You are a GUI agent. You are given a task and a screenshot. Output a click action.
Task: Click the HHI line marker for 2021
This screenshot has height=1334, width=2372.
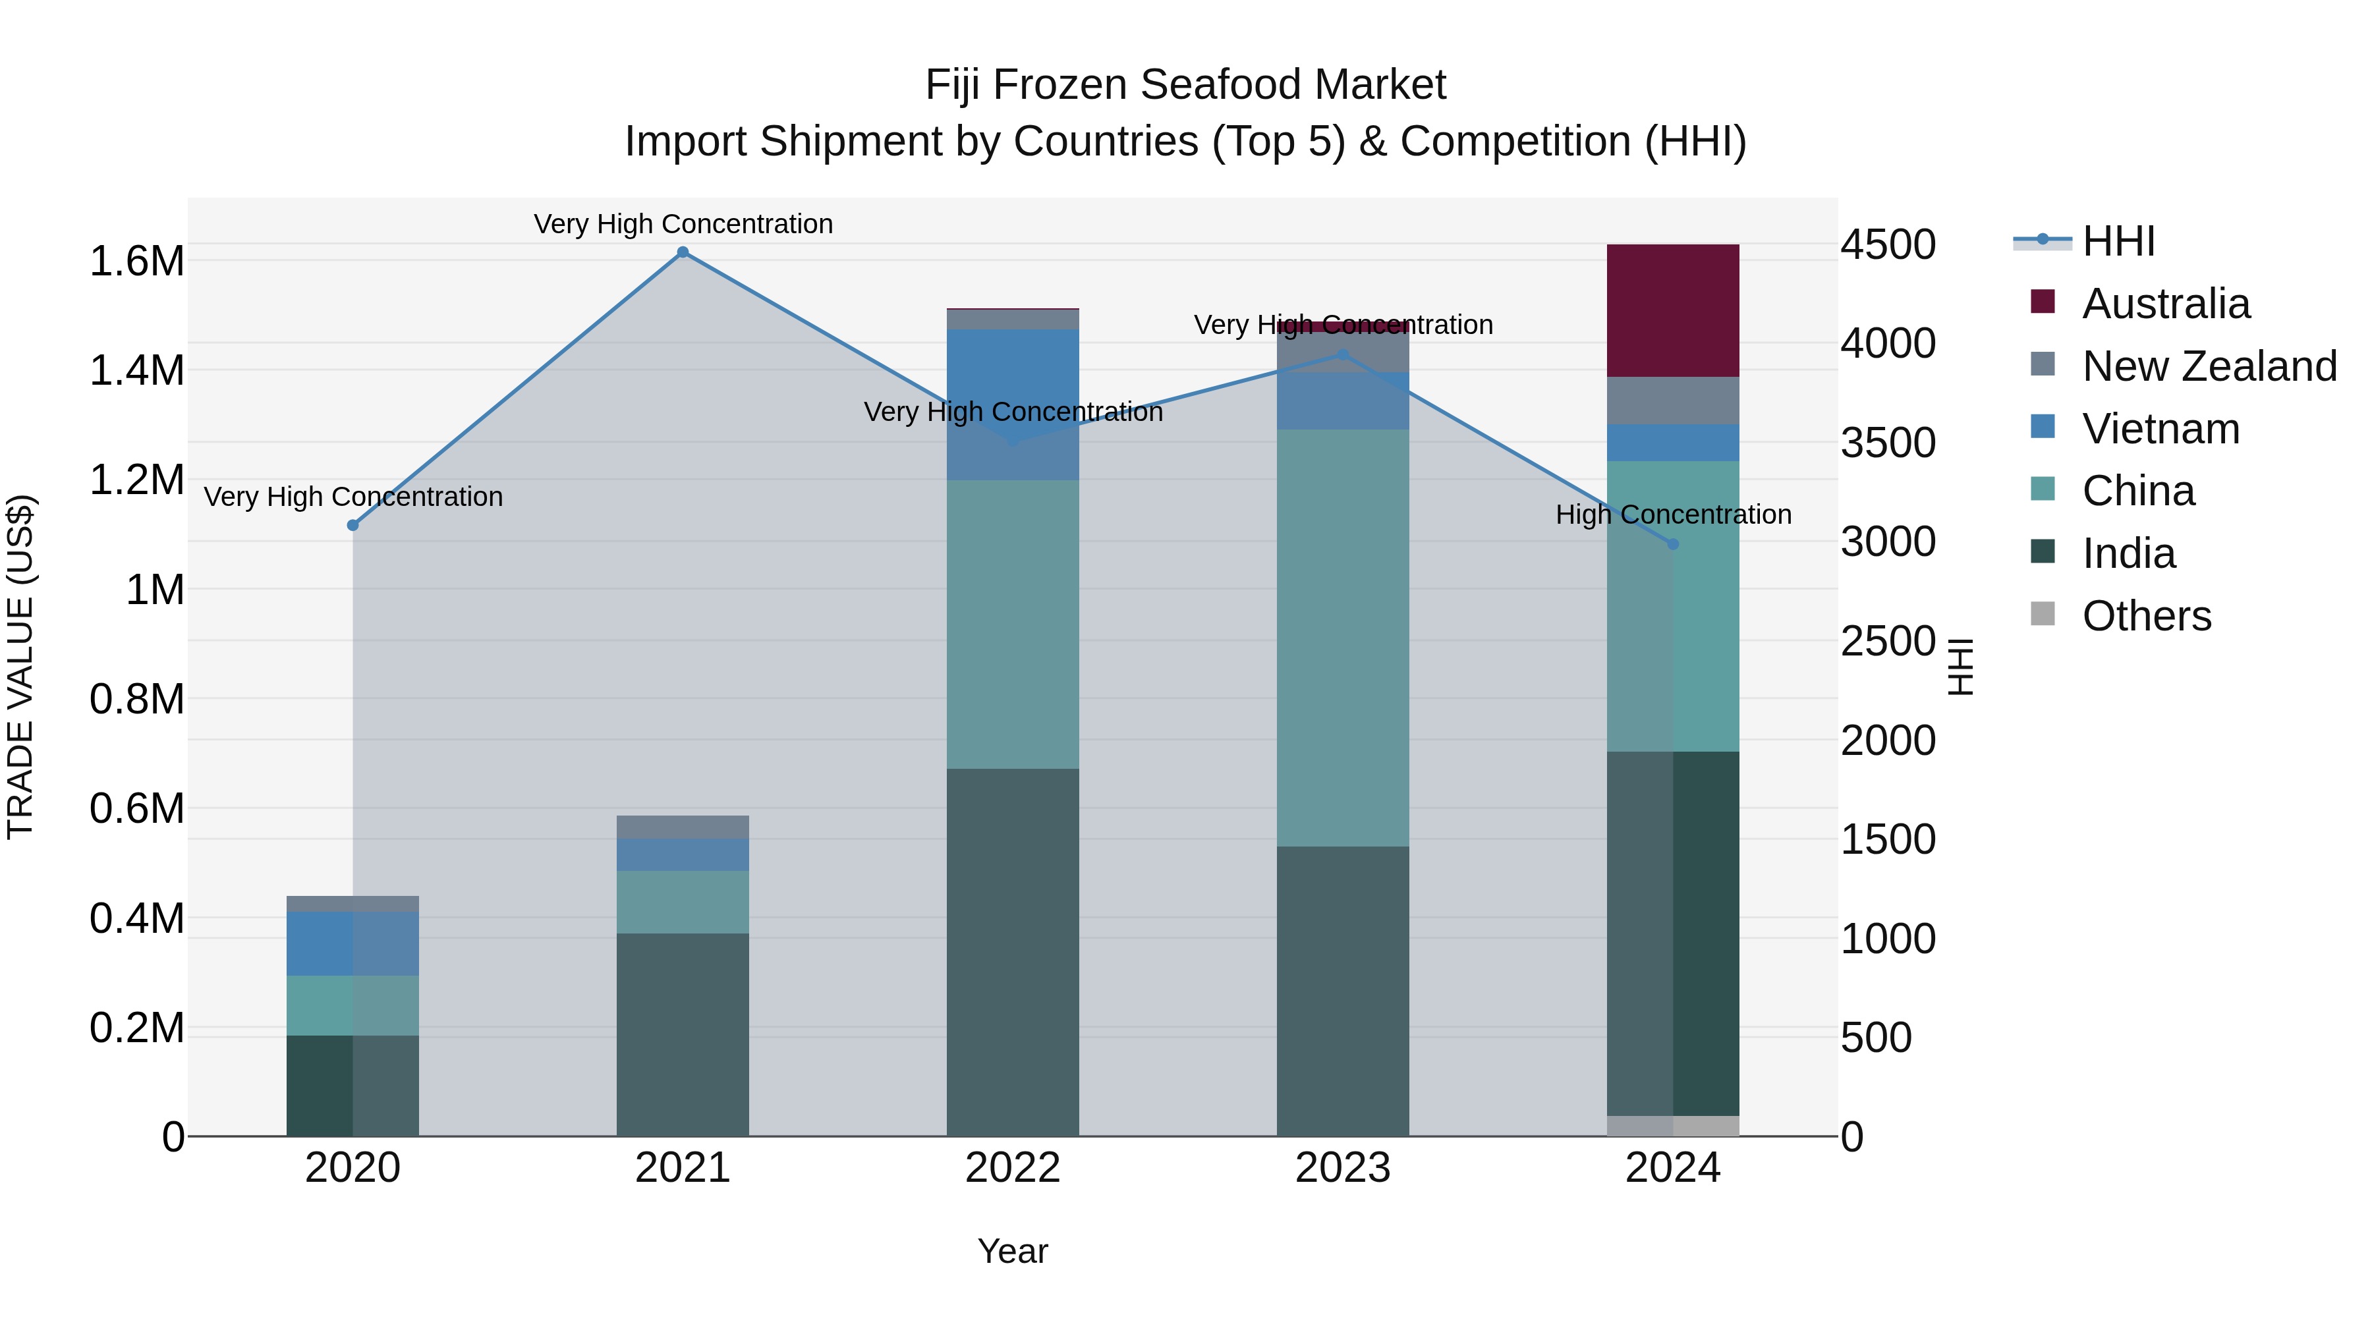click(x=683, y=252)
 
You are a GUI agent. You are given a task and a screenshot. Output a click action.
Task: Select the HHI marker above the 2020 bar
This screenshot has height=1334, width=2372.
click(x=353, y=525)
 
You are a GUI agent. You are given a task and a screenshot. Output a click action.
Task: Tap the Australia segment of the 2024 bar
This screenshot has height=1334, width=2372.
click(x=1672, y=310)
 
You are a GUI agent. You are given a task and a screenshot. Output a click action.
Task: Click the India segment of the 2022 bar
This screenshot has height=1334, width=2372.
click(x=1012, y=951)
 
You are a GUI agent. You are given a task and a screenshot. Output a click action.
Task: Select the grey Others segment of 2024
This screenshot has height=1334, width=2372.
click(x=1672, y=1125)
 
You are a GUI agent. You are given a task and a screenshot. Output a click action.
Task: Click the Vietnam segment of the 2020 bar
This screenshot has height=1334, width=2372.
click(x=353, y=943)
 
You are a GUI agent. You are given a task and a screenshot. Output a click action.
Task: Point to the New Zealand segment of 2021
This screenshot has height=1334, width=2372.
click(x=683, y=827)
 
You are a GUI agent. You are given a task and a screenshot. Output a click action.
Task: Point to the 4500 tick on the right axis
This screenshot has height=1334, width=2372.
click(x=1888, y=245)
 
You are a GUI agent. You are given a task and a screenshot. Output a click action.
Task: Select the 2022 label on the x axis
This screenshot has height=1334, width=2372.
click(x=1012, y=1168)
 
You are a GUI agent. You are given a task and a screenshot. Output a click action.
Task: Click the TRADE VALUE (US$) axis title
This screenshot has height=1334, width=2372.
click(x=20, y=667)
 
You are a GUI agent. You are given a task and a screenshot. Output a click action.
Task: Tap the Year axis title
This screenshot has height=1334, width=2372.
click(x=1012, y=1251)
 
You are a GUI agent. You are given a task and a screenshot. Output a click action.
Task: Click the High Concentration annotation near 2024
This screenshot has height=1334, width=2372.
click(x=1672, y=514)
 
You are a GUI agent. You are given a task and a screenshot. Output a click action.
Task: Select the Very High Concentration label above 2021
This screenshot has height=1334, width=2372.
click(x=683, y=224)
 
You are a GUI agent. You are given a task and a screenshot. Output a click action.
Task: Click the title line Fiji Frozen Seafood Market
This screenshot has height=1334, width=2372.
click(x=1185, y=85)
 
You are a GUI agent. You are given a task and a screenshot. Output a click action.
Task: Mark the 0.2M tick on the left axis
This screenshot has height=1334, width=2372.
click(x=136, y=1028)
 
